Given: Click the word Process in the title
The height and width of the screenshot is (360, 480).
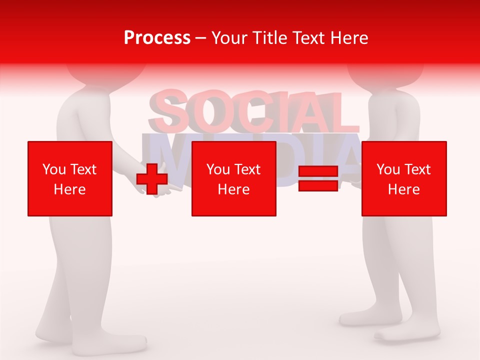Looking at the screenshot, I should click(x=157, y=38).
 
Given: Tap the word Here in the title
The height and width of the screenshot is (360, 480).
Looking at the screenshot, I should click(x=348, y=38).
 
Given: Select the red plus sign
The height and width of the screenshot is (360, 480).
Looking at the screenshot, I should click(x=152, y=178).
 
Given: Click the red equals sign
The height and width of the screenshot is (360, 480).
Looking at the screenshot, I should click(x=318, y=178).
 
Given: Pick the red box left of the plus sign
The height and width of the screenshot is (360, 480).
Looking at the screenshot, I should click(x=70, y=178).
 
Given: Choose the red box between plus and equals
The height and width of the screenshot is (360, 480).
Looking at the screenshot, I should click(x=233, y=178).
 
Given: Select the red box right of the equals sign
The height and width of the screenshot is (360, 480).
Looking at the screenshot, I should click(x=404, y=178).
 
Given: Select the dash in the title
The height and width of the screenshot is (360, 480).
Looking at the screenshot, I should click(x=201, y=38).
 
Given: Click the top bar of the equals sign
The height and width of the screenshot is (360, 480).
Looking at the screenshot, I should click(x=318, y=171).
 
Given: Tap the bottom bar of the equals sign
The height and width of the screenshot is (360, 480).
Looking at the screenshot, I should click(x=318, y=185).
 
